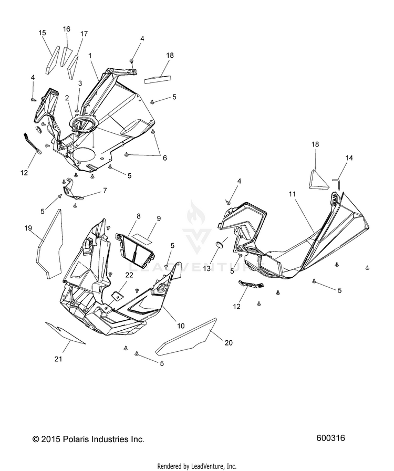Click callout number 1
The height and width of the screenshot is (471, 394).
pyautogui.click(x=90, y=55)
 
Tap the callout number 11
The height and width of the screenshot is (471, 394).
pyautogui.click(x=293, y=194)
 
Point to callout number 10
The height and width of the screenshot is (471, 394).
pyautogui.click(x=180, y=326)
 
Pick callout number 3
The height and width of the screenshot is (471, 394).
pyautogui.click(x=80, y=83)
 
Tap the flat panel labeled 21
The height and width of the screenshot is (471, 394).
pyautogui.click(x=65, y=331)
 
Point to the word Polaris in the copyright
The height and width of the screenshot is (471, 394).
pyautogui.click(x=71, y=439)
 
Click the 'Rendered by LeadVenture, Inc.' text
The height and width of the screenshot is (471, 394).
pyautogui.click(x=197, y=466)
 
